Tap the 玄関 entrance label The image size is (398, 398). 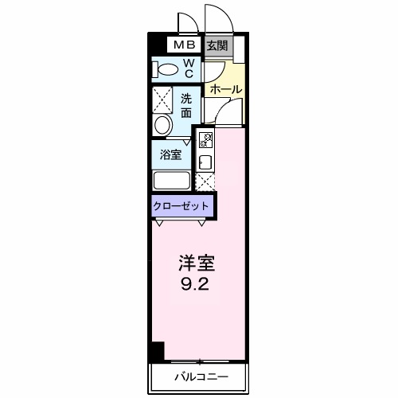(x=217, y=45)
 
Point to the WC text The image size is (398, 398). (x=189, y=68)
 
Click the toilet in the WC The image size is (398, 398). (x=166, y=69)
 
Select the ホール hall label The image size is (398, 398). (x=226, y=89)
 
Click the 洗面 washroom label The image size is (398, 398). (x=185, y=106)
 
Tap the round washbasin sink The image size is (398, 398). (x=162, y=124)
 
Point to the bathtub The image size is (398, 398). (x=171, y=180)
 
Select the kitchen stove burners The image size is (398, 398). (x=205, y=141)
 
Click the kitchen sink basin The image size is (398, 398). (x=205, y=162)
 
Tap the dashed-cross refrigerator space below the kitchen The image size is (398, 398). (x=205, y=181)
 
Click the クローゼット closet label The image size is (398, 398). (x=181, y=206)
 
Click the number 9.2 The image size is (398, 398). (x=196, y=283)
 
